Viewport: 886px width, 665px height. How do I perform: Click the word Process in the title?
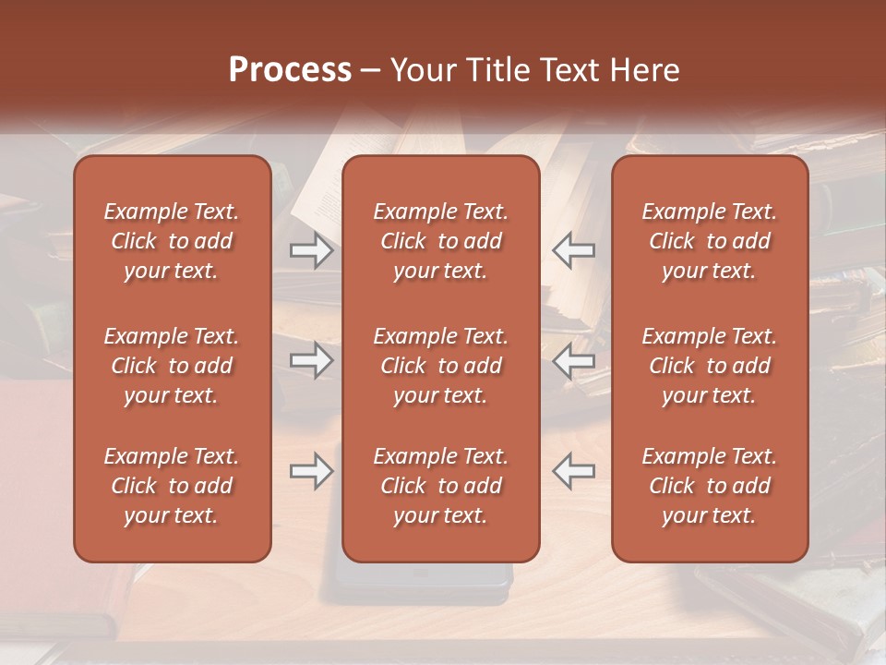[290, 70]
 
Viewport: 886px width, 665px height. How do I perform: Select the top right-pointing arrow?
[312, 250]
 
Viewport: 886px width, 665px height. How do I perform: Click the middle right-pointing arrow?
[312, 360]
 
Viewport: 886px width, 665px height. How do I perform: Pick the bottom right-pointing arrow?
[312, 471]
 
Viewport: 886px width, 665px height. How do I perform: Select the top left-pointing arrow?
[573, 250]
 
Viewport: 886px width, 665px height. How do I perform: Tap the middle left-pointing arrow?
[573, 360]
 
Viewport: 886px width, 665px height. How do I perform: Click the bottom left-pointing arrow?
[573, 471]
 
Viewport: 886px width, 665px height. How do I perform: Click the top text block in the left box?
[172, 241]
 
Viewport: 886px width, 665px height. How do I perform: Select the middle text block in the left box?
[172, 366]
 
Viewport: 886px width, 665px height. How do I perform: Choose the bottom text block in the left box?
[172, 486]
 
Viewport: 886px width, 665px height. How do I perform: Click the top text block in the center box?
[440, 241]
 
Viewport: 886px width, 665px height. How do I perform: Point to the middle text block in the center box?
[440, 366]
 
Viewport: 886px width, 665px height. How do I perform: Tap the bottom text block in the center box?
[440, 486]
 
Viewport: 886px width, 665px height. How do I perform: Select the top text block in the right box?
[709, 241]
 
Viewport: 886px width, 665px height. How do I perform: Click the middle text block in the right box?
[709, 366]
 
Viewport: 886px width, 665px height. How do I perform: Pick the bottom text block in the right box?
[709, 486]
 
